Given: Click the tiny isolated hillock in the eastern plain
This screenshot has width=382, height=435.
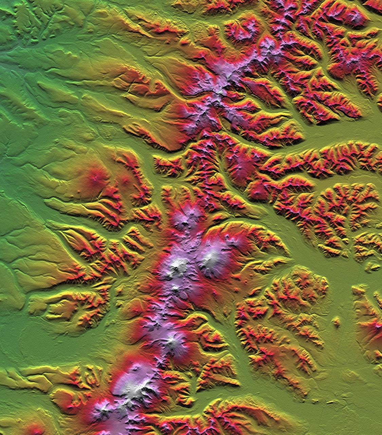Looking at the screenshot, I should (336, 321).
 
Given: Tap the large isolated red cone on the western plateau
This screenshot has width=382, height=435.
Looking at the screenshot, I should (95, 175).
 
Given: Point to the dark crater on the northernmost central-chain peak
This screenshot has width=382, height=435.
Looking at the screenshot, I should (185, 223).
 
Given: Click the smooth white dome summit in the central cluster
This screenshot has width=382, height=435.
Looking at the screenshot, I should (212, 256).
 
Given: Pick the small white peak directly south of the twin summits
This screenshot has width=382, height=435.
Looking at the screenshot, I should (175, 289).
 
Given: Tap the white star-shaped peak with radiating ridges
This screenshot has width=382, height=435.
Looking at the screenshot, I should (172, 340).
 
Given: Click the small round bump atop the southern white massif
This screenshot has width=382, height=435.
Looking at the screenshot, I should (138, 367).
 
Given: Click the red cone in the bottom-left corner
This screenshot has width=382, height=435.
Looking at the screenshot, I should (34, 429).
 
